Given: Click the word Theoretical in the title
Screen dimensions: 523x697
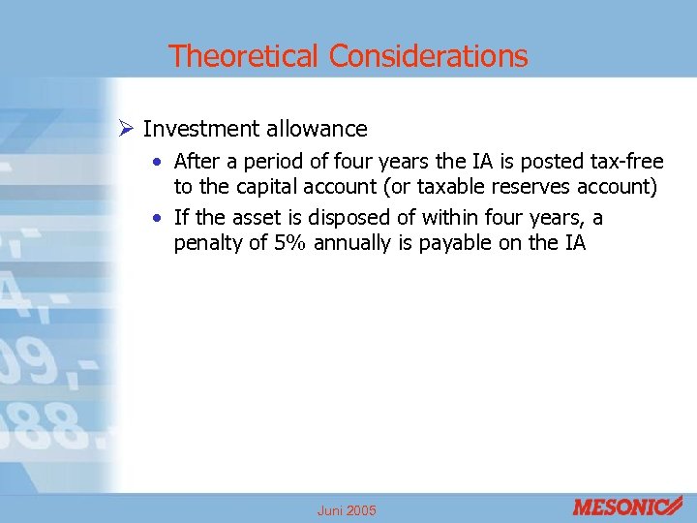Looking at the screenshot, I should [x=244, y=56].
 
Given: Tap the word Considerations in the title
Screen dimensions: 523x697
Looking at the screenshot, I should [x=428, y=56].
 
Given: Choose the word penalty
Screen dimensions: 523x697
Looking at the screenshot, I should [x=208, y=243].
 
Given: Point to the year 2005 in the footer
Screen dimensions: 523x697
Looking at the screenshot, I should [x=363, y=510].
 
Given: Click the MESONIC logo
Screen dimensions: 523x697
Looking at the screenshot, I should [x=627, y=507].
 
